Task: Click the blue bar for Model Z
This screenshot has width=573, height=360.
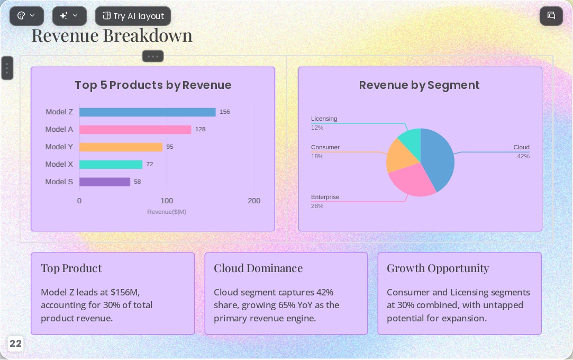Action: click(147, 112)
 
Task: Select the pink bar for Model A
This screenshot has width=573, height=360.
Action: click(135, 130)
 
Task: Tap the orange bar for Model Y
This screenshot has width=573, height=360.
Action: click(121, 147)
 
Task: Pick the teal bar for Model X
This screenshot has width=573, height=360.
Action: click(111, 165)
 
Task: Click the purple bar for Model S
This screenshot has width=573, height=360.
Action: click(105, 182)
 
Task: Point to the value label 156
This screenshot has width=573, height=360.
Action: click(225, 112)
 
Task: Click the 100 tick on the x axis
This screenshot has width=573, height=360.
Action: click(167, 201)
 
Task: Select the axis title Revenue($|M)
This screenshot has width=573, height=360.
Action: click(167, 212)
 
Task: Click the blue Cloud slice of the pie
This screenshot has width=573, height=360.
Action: click(436, 157)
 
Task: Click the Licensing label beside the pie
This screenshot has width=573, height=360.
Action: click(324, 119)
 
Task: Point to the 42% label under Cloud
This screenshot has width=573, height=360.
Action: click(523, 156)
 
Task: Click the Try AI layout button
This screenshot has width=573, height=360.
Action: click(133, 16)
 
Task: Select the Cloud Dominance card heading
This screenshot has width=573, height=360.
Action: click(258, 268)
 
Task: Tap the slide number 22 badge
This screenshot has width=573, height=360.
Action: click(15, 344)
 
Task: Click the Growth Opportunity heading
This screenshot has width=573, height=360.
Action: click(438, 268)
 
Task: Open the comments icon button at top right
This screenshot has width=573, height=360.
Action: click(551, 16)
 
